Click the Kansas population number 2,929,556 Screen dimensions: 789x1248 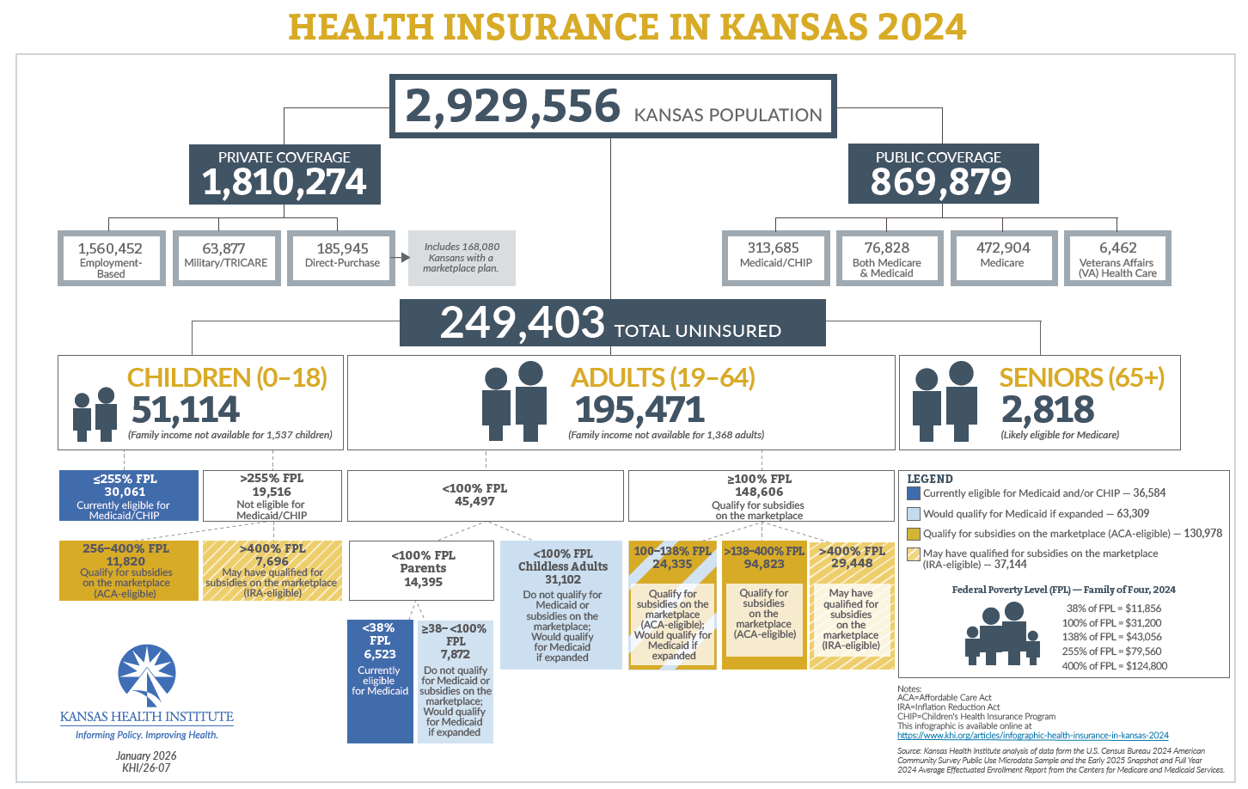pos(512,107)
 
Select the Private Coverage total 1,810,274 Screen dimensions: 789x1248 pos(284,182)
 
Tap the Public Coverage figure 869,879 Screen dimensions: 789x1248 pos(941,182)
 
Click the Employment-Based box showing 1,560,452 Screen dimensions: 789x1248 pos(111,258)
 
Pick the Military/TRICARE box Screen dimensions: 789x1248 pos(225,257)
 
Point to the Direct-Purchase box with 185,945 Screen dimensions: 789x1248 pos(341,257)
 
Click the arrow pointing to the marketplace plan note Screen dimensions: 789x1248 pos(401,257)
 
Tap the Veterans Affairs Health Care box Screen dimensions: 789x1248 pos(1117,258)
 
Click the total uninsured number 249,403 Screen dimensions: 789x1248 pos(523,323)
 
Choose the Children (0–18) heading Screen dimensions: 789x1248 pos(227,377)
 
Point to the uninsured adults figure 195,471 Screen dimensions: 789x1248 pos(639,410)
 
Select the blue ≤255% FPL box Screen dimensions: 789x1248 pos(129,496)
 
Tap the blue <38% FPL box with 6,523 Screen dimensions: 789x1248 pos(380,680)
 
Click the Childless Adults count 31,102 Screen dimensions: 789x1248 pos(562,580)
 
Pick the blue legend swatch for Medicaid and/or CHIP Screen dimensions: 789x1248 pos(914,493)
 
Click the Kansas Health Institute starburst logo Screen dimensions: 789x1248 pos(147,676)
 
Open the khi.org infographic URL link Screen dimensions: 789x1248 pos(1032,736)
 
